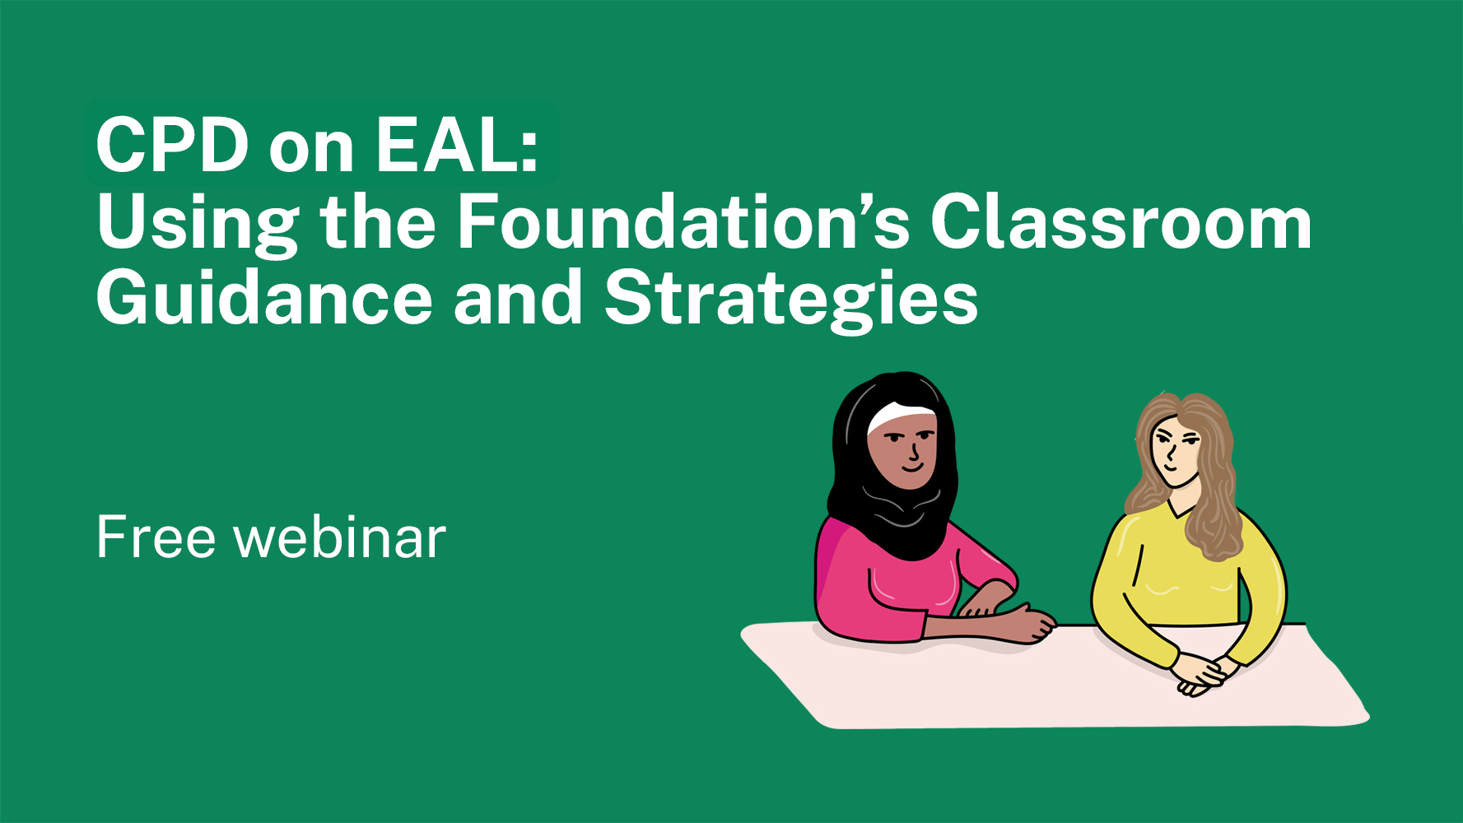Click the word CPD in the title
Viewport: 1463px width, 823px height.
point(172,146)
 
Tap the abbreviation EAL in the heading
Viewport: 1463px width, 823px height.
point(448,146)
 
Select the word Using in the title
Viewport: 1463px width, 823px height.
point(197,224)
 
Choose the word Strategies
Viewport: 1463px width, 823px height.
point(791,300)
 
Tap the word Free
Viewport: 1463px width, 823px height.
point(156,537)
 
